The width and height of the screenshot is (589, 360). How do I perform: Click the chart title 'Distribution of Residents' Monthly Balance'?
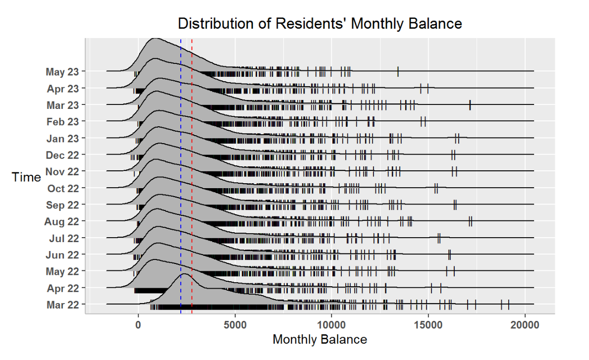320,23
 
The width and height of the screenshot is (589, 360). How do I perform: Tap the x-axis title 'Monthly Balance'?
320,340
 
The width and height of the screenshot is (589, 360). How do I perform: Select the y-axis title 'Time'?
26,177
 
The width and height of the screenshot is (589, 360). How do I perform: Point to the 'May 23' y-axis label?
62,72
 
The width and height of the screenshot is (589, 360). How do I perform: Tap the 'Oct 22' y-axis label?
63,189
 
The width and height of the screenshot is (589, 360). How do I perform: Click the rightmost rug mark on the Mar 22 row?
509,305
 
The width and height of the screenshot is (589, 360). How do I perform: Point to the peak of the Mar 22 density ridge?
185,274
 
